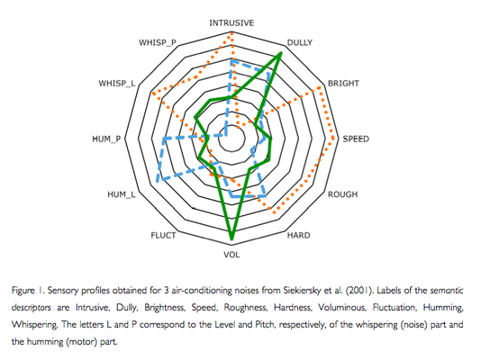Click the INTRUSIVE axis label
231,23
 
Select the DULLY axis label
299,42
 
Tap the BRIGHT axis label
343,84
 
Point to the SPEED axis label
356,139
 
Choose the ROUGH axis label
342,194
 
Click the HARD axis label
298,235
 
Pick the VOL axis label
231,255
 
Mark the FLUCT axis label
163,235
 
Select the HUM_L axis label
122,194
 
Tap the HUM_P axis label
106,139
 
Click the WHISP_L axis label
117,84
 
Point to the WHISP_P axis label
158,42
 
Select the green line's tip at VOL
231,238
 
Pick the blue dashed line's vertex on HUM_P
165,139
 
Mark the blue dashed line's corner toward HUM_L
158,180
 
